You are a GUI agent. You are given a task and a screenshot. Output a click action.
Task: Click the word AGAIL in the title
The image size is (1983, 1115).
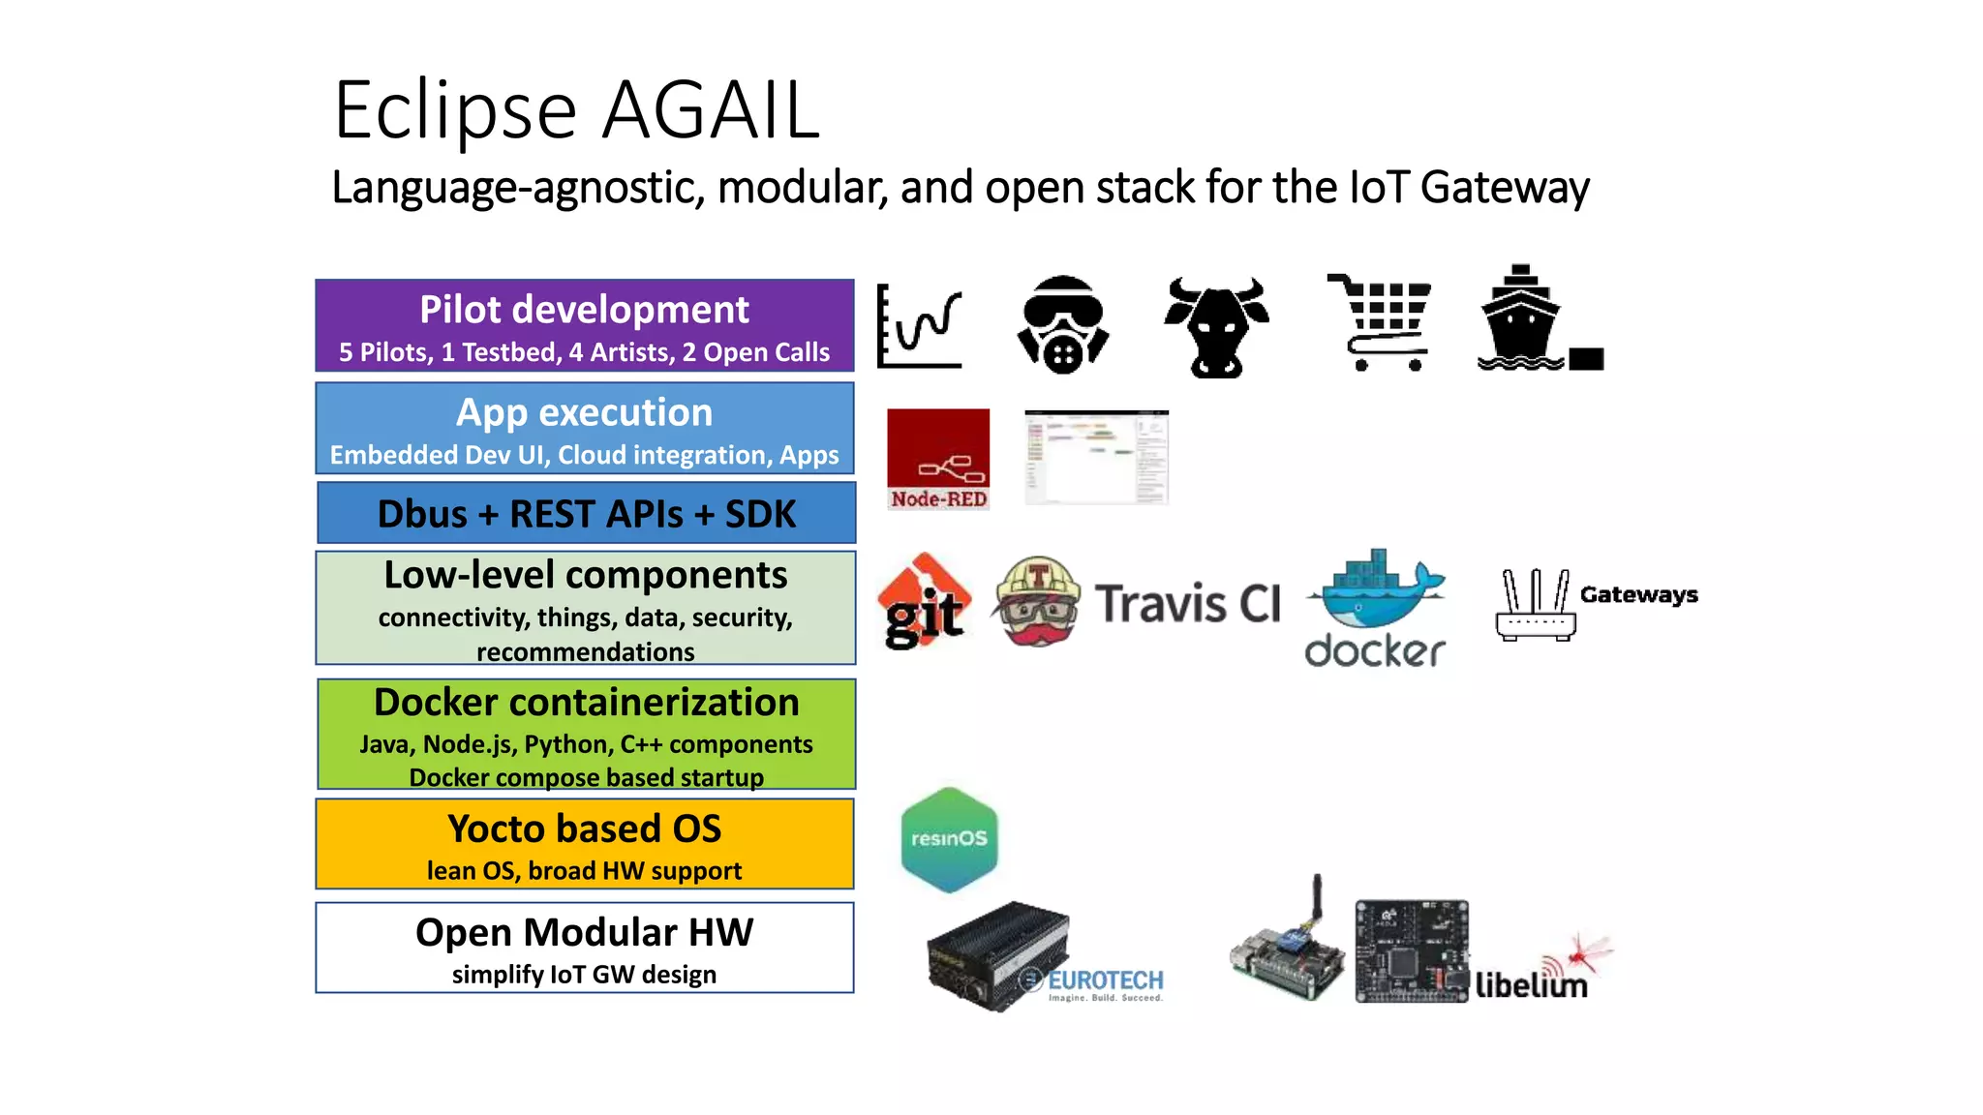[712, 110]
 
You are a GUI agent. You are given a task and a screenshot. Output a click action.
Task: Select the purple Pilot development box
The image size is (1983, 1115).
[584, 326]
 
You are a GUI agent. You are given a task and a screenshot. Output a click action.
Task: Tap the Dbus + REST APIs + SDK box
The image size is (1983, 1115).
[586, 514]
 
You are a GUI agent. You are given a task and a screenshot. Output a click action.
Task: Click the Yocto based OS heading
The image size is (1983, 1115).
[584, 829]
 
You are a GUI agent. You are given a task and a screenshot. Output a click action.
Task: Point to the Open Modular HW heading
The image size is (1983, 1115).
[584, 932]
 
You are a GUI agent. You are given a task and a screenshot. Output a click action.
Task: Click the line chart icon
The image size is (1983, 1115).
[919, 326]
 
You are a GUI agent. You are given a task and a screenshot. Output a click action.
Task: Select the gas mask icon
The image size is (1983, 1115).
[1062, 325]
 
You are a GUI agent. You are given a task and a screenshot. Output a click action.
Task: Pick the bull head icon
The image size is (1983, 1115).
[1216, 327]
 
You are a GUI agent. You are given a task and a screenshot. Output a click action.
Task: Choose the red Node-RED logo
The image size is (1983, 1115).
[938, 459]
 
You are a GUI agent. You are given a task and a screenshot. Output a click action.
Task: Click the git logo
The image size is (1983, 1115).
[925, 602]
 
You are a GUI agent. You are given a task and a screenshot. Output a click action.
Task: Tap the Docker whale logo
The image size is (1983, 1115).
[1375, 590]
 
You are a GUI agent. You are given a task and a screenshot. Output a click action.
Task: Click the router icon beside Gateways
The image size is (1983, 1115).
[1535, 605]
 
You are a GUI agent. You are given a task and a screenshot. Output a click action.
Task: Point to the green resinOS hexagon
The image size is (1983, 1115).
[949, 839]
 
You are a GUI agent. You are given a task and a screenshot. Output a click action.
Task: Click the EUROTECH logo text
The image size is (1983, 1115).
[1106, 981]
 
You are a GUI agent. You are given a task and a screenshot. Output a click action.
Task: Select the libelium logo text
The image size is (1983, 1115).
[1531, 985]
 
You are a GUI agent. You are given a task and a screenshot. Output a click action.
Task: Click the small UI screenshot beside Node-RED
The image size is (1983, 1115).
[1096, 457]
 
